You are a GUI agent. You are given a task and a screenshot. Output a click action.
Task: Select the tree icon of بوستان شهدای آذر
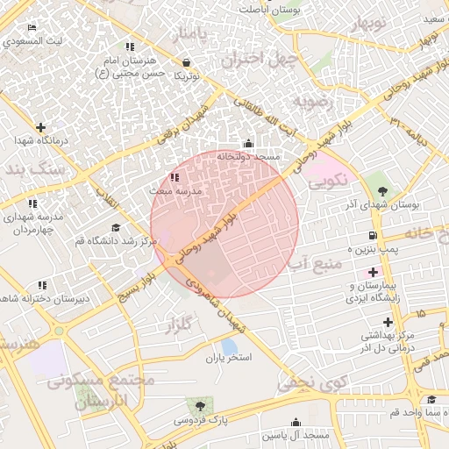click(381, 190)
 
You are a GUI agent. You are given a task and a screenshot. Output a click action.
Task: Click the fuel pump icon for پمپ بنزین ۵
click(374, 235)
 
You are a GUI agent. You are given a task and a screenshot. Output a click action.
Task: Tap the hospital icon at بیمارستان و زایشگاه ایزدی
click(373, 273)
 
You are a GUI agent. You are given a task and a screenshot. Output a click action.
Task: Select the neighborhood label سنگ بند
click(32, 169)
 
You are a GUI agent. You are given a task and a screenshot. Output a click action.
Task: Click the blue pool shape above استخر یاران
click(229, 346)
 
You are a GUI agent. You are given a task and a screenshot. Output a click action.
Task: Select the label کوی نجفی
click(312, 382)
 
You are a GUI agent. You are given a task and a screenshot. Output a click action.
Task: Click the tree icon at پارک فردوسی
click(200, 405)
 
